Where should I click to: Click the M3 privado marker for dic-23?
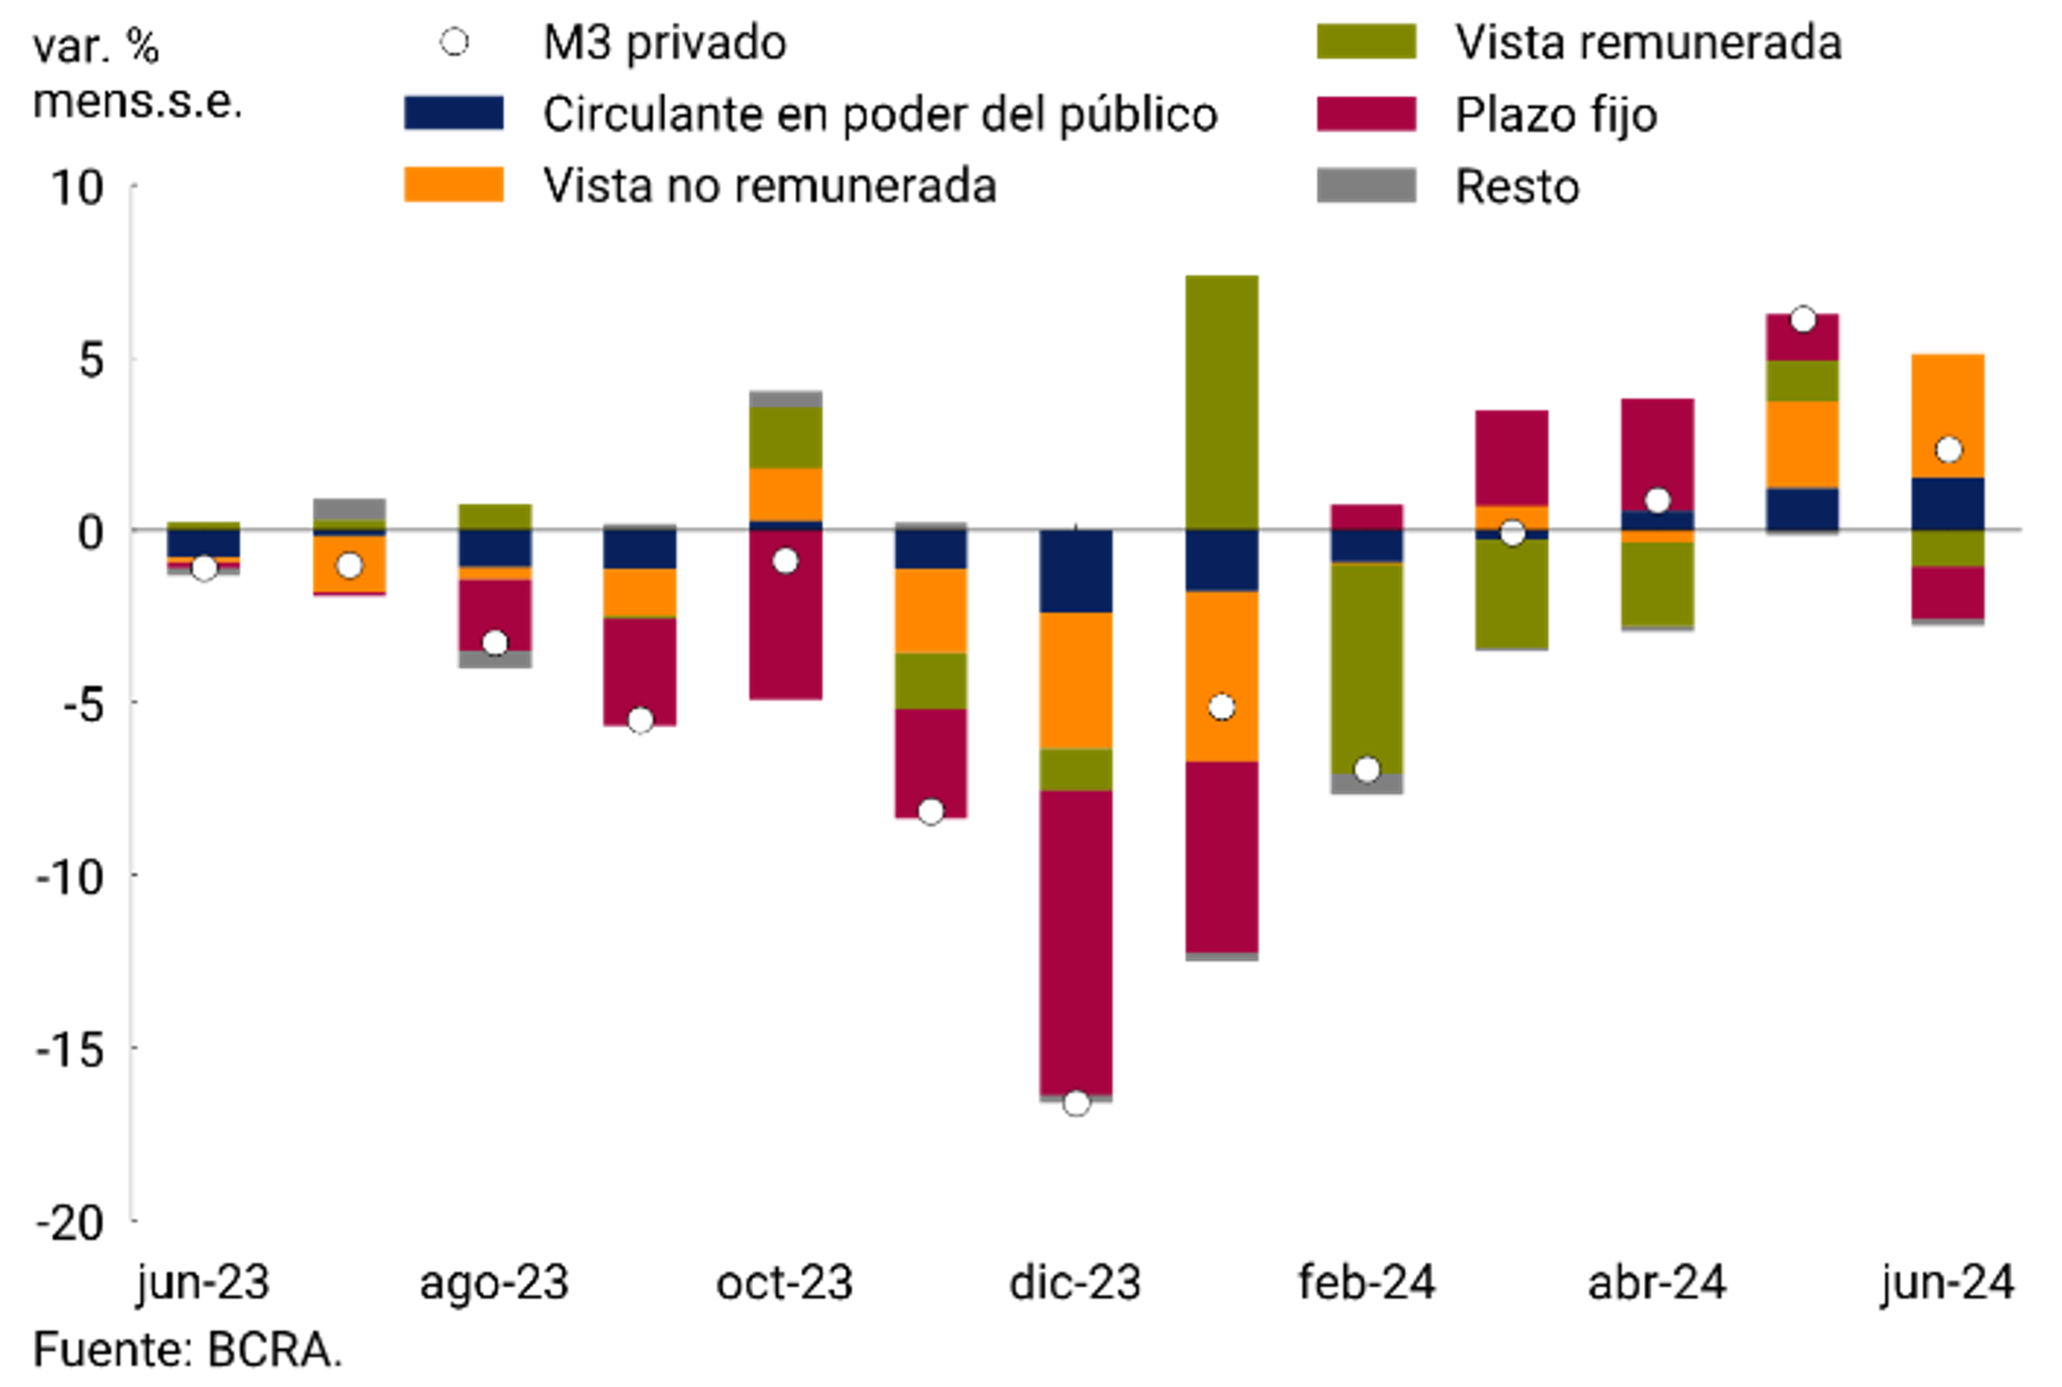[x=1075, y=1103]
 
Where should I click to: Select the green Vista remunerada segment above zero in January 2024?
[x=1221, y=403]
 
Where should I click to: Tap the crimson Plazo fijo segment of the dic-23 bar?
[x=1075, y=942]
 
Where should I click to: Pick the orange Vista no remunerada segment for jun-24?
[x=1947, y=416]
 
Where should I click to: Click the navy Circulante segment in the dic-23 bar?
[x=1075, y=571]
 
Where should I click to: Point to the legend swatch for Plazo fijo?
[x=1365, y=114]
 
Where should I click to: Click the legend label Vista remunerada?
[x=1648, y=42]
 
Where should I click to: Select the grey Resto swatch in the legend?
[x=1365, y=186]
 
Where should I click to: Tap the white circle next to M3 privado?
[x=454, y=42]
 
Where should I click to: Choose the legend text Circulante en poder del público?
[x=880, y=114]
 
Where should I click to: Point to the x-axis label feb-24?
[x=1366, y=1282]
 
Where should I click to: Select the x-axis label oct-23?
[x=785, y=1282]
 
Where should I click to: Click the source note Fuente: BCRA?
[x=187, y=1351]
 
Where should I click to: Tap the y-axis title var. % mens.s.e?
[x=137, y=73]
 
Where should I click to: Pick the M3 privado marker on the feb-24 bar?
[x=1367, y=770]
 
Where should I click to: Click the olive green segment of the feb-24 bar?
[x=1367, y=668]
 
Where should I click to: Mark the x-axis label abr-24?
[x=1656, y=1282]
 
